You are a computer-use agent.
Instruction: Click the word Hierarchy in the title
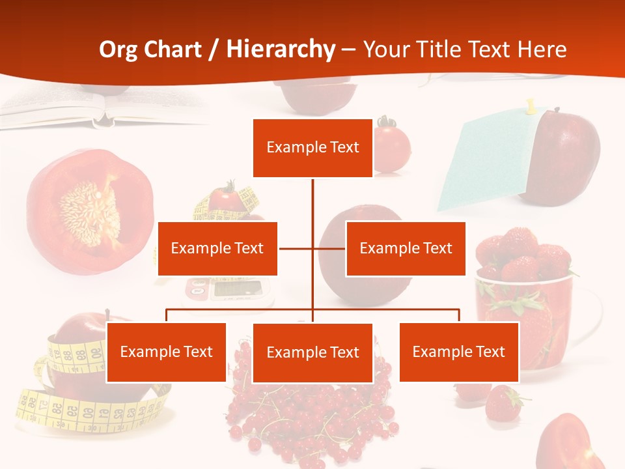click(281, 50)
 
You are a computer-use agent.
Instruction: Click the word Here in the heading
click(542, 50)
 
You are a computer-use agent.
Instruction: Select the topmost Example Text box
click(312, 148)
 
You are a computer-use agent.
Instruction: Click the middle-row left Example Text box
click(217, 248)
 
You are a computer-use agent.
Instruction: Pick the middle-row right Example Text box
click(406, 248)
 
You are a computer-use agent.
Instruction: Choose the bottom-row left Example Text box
click(166, 352)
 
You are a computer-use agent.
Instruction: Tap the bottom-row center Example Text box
click(312, 352)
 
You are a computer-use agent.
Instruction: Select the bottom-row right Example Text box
click(459, 352)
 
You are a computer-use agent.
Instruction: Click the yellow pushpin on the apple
click(531, 106)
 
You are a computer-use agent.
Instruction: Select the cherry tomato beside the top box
click(392, 147)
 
